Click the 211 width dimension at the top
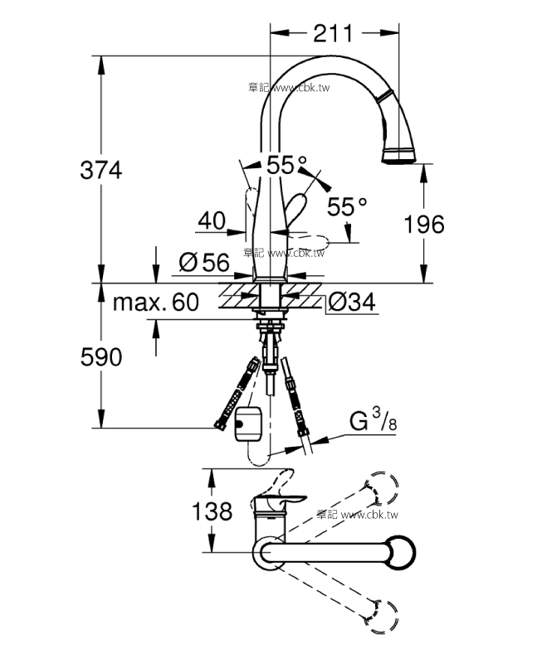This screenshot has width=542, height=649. (x=333, y=33)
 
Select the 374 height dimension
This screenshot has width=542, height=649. (x=101, y=171)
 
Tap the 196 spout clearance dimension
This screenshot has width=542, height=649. (x=424, y=225)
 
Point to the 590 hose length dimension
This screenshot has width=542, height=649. (x=101, y=356)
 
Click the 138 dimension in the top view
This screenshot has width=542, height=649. (x=212, y=511)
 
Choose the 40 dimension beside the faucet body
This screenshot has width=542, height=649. (x=212, y=220)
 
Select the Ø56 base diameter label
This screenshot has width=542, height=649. (x=204, y=263)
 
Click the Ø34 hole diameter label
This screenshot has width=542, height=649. (x=352, y=303)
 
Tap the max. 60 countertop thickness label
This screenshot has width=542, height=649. (x=156, y=303)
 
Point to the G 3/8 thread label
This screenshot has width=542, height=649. (x=373, y=419)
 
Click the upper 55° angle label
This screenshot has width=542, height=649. (x=286, y=165)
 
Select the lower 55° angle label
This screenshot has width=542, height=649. (x=347, y=206)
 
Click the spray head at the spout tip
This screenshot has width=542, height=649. (x=398, y=155)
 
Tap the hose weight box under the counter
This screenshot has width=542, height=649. (x=248, y=424)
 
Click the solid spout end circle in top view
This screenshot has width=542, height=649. (x=399, y=553)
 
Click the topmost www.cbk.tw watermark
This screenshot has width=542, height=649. (x=289, y=87)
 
